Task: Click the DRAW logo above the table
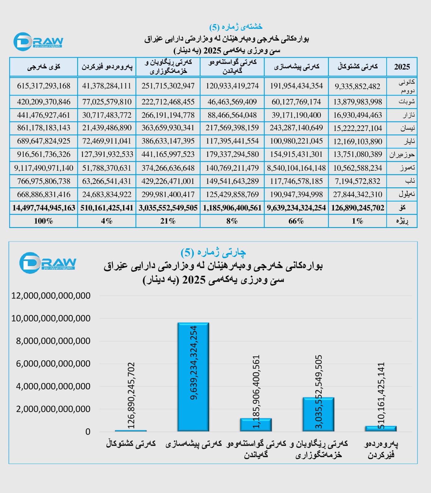pos(38,42)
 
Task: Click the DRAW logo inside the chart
pos(47,263)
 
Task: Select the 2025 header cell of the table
pos(402,67)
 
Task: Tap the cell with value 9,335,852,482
pos(357,86)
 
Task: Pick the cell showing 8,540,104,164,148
pos(296,168)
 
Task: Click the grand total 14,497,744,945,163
pos(44,208)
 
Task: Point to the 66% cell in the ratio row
pos(296,221)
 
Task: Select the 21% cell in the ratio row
pos(168,221)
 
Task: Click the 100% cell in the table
pos(44,221)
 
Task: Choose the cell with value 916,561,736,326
pos(44,154)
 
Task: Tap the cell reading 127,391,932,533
pos(107,154)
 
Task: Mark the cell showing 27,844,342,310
pos(357,195)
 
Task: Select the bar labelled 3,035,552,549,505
pos(318,414)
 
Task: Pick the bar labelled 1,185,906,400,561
pos(256,425)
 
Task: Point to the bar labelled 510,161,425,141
pos(381,429)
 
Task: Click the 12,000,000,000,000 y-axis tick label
pos(51,296)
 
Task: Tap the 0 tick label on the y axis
pos(88,432)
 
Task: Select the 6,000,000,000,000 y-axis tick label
pos(53,364)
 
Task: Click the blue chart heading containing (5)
pos(213,253)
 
